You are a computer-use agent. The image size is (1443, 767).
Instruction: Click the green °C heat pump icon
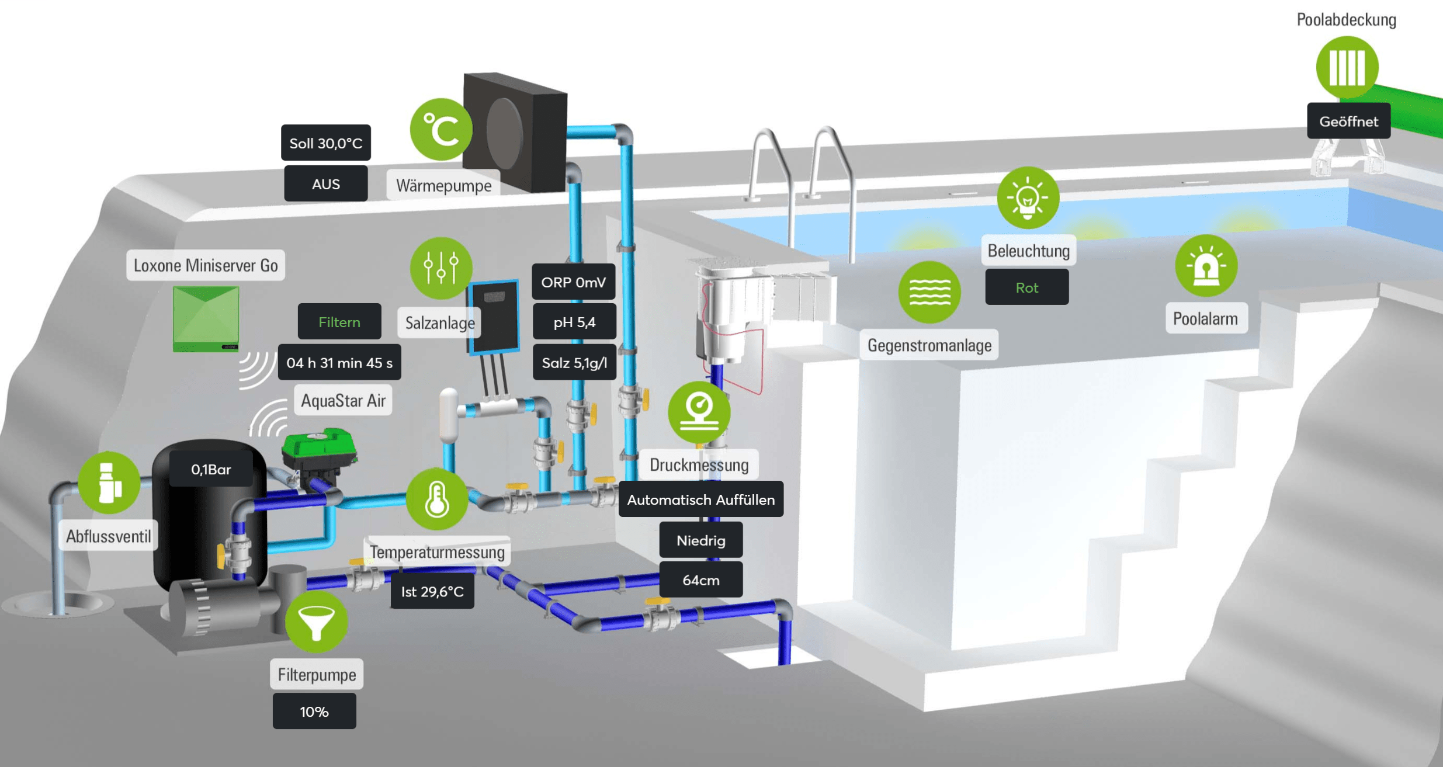tap(441, 129)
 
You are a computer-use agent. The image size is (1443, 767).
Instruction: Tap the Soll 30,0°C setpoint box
tap(325, 143)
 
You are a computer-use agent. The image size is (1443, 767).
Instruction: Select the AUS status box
tap(325, 184)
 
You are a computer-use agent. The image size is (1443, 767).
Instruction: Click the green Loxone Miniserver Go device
tap(206, 318)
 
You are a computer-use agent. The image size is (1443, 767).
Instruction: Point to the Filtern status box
tap(339, 321)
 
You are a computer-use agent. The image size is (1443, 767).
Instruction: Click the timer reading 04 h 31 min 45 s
tap(339, 363)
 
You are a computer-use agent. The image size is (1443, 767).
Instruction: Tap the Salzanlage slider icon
tap(441, 268)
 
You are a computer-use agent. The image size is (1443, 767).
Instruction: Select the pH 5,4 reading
tap(574, 322)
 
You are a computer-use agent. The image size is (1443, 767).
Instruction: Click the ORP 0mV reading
tap(573, 282)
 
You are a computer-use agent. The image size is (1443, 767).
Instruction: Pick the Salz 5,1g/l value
tap(574, 363)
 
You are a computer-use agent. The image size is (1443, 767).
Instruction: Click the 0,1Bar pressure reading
tap(211, 469)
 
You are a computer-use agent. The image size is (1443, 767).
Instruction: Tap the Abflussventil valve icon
tap(109, 483)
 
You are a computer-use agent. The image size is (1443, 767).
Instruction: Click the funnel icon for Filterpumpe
tap(316, 622)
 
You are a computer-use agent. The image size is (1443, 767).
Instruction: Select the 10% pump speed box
tap(314, 712)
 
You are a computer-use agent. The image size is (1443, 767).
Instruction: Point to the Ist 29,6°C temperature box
tap(432, 592)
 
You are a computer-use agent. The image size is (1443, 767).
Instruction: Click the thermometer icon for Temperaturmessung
tap(436, 499)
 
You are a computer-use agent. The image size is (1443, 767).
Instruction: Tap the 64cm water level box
tap(700, 580)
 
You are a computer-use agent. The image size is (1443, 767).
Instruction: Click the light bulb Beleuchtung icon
tap(1028, 197)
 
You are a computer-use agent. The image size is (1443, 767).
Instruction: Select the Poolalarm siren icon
tap(1206, 266)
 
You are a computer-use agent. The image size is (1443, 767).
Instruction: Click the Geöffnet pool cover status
tap(1348, 122)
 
